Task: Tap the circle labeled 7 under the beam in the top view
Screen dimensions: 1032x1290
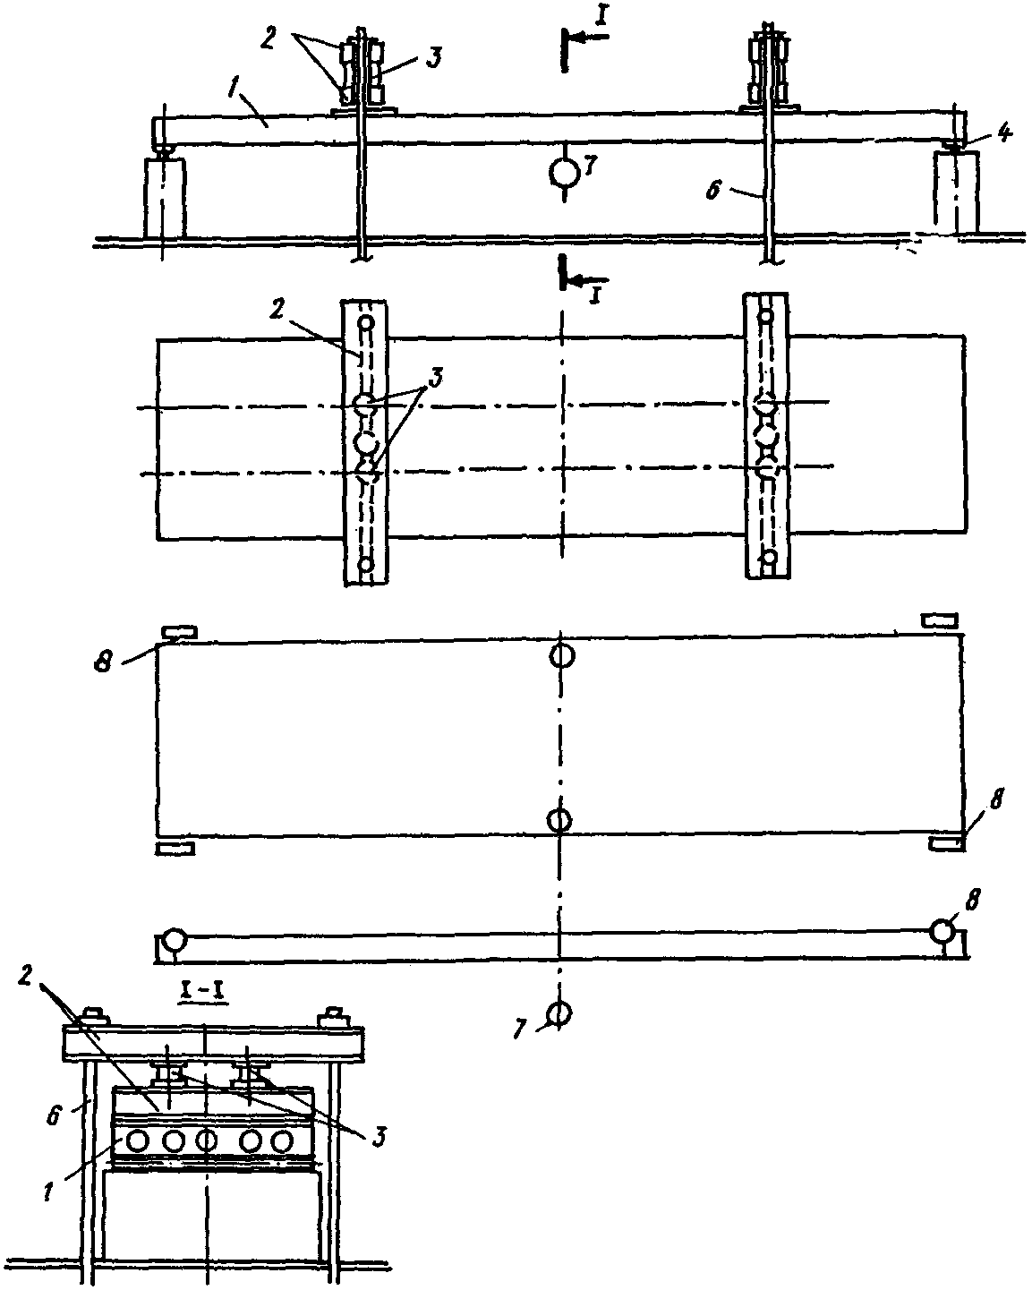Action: coord(564,173)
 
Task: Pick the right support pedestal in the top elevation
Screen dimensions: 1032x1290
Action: coord(957,193)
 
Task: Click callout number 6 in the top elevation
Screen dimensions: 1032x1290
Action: coord(713,190)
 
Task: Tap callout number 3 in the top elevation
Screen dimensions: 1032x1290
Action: coord(433,57)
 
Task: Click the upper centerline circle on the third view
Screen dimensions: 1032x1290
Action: coord(562,655)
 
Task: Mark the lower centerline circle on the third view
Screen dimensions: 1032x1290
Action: coord(559,821)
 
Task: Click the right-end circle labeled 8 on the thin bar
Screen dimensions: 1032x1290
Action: coord(942,930)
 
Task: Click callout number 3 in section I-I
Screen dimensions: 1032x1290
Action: coord(378,1136)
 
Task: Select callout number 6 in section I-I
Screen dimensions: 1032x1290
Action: coord(54,1115)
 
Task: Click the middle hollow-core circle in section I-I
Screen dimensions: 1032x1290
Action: coord(207,1140)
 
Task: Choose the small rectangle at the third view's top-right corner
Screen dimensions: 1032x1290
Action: coord(939,620)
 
